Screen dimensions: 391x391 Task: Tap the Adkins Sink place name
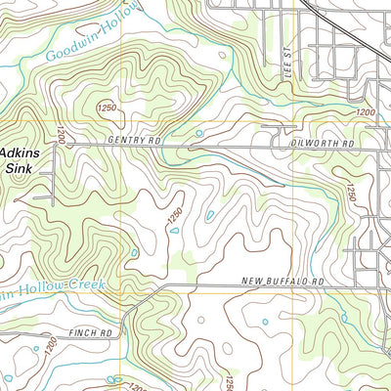pyautogui.click(x=22, y=160)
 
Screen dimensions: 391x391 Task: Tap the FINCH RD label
pyautogui.click(x=92, y=333)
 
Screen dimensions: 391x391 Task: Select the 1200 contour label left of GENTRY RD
pyautogui.click(x=60, y=137)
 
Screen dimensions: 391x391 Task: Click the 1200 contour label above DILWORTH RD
pyautogui.click(x=365, y=114)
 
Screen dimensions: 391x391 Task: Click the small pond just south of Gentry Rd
pyautogui.click(x=199, y=133)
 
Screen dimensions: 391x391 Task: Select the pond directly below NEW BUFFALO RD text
pyautogui.click(x=264, y=322)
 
